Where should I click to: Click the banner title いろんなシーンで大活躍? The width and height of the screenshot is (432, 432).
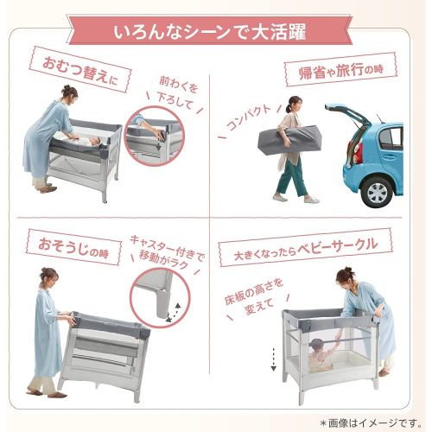(x=209, y=32)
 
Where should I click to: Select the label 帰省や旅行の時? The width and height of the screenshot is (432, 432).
(x=341, y=70)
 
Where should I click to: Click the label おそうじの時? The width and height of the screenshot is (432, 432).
(x=73, y=248)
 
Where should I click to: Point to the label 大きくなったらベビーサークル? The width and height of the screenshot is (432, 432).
(x=305, y=249)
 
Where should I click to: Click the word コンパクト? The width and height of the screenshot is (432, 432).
(x=249, y=118)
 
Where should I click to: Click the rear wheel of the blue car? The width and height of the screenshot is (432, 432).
(x=378, y=191)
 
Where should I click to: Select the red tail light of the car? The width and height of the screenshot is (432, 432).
(x=358, y=153)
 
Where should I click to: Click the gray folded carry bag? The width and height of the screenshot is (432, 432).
(x=291, y=139)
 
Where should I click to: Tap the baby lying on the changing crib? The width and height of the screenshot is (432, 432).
(x=88, y=141)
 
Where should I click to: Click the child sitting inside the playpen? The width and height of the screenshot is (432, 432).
(x=322, y=353)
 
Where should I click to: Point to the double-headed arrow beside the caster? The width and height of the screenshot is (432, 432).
(x=173, y=313)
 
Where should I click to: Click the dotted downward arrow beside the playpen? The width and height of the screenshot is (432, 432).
(x=273, y=359)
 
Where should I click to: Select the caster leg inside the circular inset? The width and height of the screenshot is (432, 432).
(x=163, y=303)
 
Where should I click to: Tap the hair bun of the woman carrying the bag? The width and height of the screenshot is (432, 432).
(x=288, y=109)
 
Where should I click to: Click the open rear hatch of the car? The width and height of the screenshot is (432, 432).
(x=348, y=114)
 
